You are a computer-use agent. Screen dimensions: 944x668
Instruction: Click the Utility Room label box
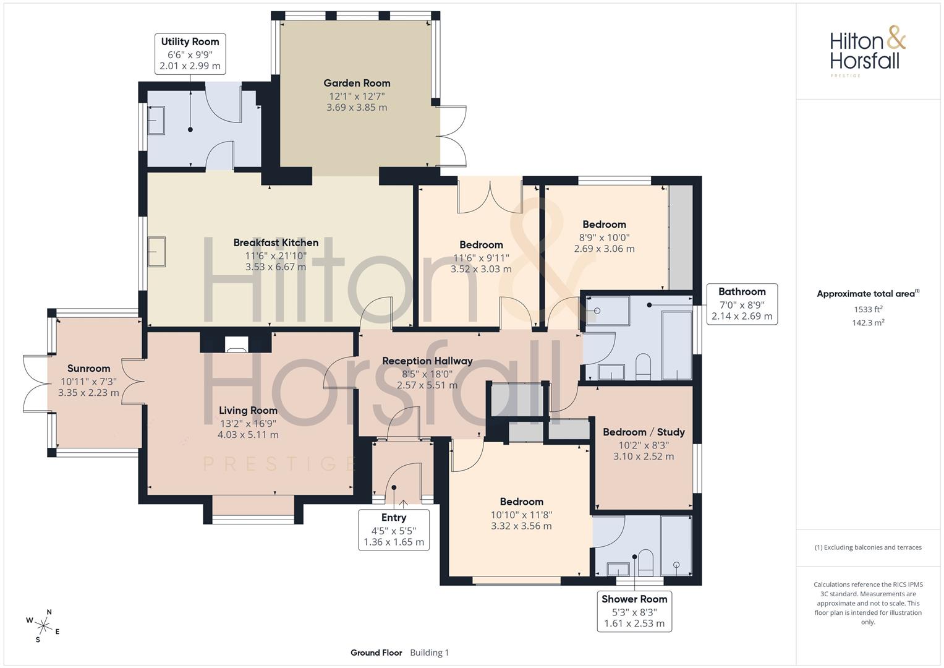tap(190, 54)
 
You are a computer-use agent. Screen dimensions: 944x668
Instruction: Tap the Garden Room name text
tap(357, 83)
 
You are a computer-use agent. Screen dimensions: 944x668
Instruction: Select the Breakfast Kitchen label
tap(276, 242)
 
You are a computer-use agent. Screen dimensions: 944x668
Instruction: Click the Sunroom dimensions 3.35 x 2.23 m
tap(88, 393)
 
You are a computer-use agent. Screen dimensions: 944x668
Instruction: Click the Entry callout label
tap(394, 529)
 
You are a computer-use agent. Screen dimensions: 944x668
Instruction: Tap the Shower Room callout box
tap(635, 611)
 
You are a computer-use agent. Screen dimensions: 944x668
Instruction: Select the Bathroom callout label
tap(742, 304)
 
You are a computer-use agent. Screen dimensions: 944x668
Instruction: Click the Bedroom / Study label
tap(644, 432)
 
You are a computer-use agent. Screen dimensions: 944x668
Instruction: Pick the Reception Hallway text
tap(427, 361)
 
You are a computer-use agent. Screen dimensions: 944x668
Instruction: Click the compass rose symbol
tap(43, 626)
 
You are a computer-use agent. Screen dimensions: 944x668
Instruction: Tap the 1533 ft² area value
tap(868, 309)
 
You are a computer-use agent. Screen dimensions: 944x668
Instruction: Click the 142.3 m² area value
tap(868, 323)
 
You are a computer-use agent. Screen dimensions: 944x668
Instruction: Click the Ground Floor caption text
tap(376, 653)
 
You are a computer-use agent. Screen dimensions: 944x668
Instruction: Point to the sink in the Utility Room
tap(156, 120)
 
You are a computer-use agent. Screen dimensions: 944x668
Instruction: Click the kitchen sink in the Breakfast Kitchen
tap(156, 252)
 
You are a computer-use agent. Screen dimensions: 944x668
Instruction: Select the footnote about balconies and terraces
tap(868, 547)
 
